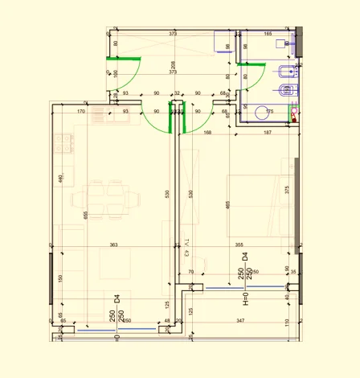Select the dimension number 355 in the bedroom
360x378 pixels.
point(239,244)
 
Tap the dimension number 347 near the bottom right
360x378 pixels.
point(239,321)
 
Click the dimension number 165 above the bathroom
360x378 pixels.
point(268,34)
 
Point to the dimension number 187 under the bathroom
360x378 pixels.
point(268,133)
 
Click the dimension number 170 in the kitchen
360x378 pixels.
point(81,112)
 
